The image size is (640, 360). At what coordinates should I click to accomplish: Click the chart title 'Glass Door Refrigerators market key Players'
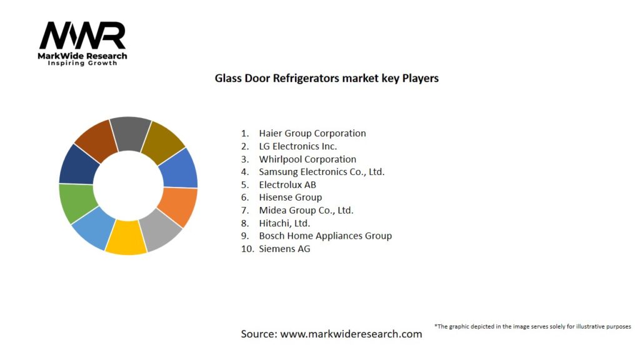[326, 78]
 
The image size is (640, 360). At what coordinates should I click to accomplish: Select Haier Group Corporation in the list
[312, 133]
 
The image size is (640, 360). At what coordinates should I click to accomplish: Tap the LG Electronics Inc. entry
[297, 146]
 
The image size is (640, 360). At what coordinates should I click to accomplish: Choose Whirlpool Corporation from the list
[307, 159]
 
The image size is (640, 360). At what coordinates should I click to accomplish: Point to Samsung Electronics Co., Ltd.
[321, 172]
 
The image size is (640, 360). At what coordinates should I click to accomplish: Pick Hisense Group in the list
[290, 197]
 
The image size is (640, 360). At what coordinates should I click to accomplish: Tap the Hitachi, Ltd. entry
[284, 223]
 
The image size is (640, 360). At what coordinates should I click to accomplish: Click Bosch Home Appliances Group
[325, 236]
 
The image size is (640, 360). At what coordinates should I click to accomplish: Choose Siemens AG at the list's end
[284, 249]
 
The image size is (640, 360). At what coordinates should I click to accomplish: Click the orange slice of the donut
[177, 206]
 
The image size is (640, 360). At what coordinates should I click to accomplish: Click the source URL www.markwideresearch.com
[351, 334]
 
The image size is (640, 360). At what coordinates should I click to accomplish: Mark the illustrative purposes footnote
[532, 326]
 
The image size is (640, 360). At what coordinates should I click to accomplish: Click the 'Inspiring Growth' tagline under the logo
[82, 63]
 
